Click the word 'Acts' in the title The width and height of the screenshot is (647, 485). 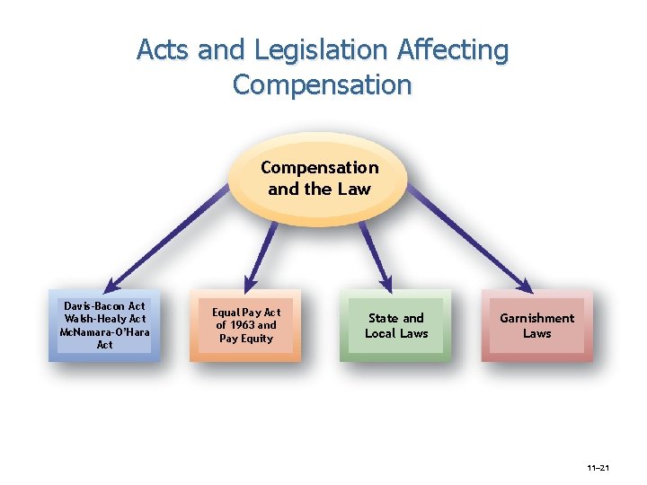point(164,50)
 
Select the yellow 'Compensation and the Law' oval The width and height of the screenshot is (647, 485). point(319,178)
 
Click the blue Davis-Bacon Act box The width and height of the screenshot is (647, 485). point(104,325)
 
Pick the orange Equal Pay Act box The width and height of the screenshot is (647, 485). point(245,325)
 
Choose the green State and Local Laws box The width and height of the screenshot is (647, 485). point(396,325)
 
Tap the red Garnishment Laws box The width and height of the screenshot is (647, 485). point(536,325)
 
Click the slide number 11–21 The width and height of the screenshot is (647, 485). point(598,469)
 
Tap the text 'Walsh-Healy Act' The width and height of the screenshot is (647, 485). point(104,319)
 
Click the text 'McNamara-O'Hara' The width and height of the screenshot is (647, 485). point(104,331)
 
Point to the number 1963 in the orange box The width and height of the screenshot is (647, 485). point(238,325)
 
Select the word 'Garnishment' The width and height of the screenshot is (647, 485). point(536,318)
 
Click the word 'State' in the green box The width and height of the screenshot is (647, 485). point(383,318)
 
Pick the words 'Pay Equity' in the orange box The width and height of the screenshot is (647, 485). point(245,339)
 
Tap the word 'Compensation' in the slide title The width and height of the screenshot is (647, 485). point(322,85)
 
